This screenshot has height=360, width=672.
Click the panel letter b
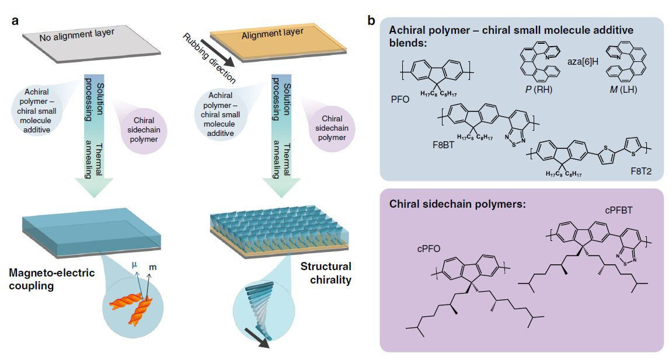(371, 22)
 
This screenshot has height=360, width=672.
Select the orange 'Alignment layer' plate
(275, 38)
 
